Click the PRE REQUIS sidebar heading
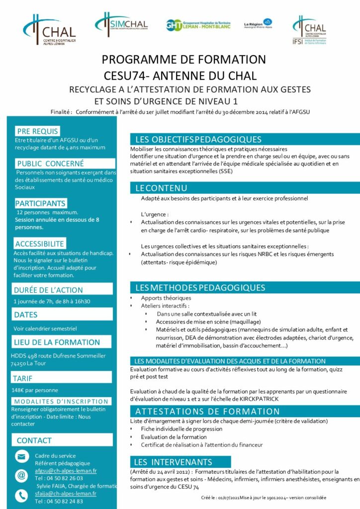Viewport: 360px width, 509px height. tap(37, 131)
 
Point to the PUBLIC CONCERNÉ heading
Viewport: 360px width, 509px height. tap(50, 163)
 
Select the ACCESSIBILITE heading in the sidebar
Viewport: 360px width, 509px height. tap(40, 244)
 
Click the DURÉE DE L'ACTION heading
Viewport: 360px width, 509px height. tap(48, 290)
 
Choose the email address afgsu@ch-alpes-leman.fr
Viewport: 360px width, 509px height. tap(66, 470)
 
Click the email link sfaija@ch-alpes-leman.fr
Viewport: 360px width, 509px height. tap(66, 494)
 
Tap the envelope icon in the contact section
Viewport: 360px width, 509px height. tap(22, 456)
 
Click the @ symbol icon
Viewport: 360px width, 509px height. tap(22, 475)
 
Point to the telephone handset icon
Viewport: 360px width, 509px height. tap(22, 495)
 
